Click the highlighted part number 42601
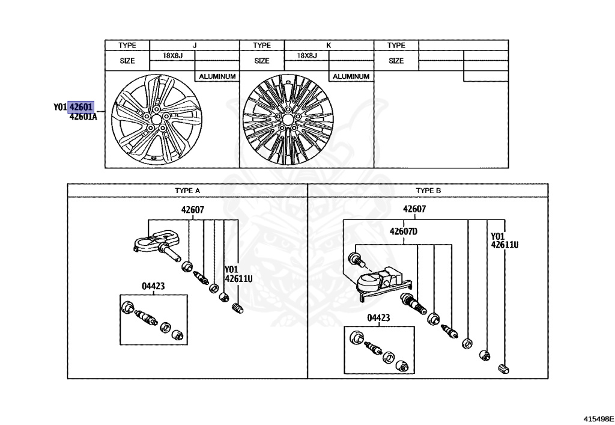point(81,107)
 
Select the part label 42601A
point(83,117)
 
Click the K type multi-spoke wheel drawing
point(289,120)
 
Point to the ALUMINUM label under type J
point(216,76)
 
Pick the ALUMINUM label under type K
point(351,76)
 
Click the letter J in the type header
point(194,45)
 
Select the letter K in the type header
point(329,45)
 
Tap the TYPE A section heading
point(187,190)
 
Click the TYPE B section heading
point(429,190)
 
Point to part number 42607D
point(403,231)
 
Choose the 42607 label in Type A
point(193,210)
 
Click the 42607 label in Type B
point(414,209)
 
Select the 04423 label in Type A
point(153,287)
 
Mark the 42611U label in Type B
point(504,245)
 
